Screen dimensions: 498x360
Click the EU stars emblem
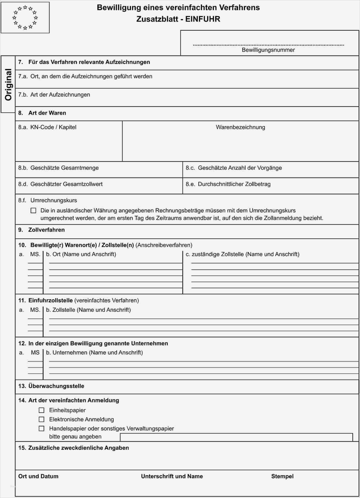(25, 18)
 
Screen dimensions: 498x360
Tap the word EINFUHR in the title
(203, 19)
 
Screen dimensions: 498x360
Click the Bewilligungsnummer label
(268, 50)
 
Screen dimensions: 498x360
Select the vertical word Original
(8, 85)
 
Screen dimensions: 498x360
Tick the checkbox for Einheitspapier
(41, 410)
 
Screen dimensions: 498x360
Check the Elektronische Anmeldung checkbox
(41, 419)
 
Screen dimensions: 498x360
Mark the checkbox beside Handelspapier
(41, 429)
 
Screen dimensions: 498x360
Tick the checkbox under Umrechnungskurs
(33, 211)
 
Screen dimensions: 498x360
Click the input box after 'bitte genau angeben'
(236, 437)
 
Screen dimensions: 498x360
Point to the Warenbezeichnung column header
(240, 127)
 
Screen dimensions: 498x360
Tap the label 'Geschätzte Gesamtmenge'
(64, 168)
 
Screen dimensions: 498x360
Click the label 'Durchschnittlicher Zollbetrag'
(234, 184)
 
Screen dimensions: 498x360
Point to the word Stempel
(282, 476)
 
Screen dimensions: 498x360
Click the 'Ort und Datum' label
(38, 476)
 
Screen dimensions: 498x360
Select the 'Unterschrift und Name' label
(172, 476)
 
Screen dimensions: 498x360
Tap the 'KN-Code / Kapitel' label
(53, 127)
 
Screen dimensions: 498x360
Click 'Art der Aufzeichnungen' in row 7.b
(60, 95)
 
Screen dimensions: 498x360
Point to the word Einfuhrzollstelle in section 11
(50, 301)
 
